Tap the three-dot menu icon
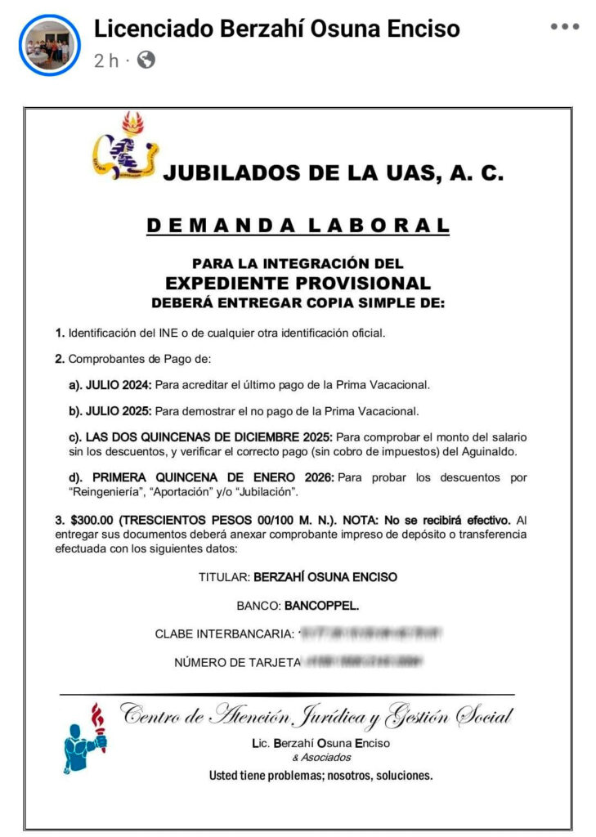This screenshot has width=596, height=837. click(564, 27)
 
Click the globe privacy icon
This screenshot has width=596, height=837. click(146, 60)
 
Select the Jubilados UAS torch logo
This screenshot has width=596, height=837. click(125, 147)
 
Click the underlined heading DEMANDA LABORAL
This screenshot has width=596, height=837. click(298, 226)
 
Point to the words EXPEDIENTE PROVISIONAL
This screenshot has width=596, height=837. click(298, 284)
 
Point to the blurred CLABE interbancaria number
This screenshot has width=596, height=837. click(370, 633)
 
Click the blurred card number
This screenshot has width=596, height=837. click(364, 661)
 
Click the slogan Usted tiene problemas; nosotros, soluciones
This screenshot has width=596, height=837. click(320, 775)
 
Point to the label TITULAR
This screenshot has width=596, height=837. click(224, 577)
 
